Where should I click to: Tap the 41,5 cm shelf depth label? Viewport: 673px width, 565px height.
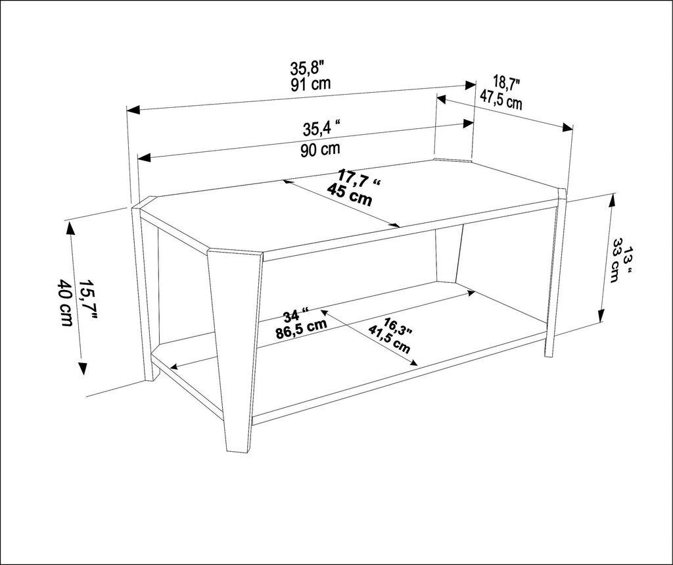[x=390, y=339]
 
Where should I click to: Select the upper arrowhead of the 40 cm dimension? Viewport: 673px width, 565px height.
[x=70, y=227]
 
